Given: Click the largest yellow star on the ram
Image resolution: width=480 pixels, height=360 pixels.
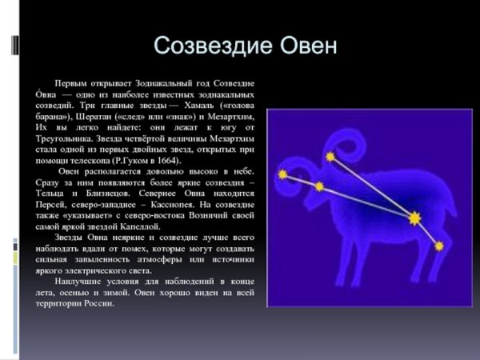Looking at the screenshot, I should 414,218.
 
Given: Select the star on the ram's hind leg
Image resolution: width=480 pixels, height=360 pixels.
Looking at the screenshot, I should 438,246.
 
